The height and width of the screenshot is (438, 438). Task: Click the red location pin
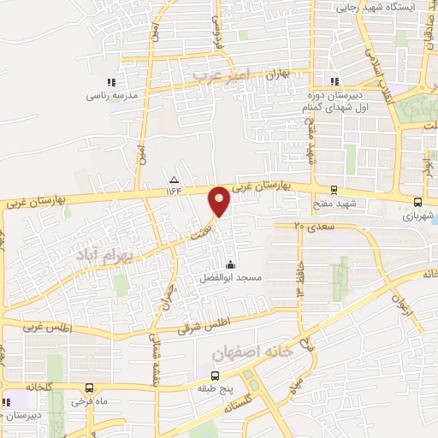coord(219,201)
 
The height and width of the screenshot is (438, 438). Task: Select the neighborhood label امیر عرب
coord(219,75)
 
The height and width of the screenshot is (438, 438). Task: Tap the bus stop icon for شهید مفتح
coord(333,190)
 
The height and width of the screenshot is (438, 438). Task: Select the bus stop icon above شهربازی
coord(417,203)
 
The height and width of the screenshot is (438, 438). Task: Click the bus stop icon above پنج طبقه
coord(214,375)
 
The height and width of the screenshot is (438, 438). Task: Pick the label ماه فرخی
coord(87,400)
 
